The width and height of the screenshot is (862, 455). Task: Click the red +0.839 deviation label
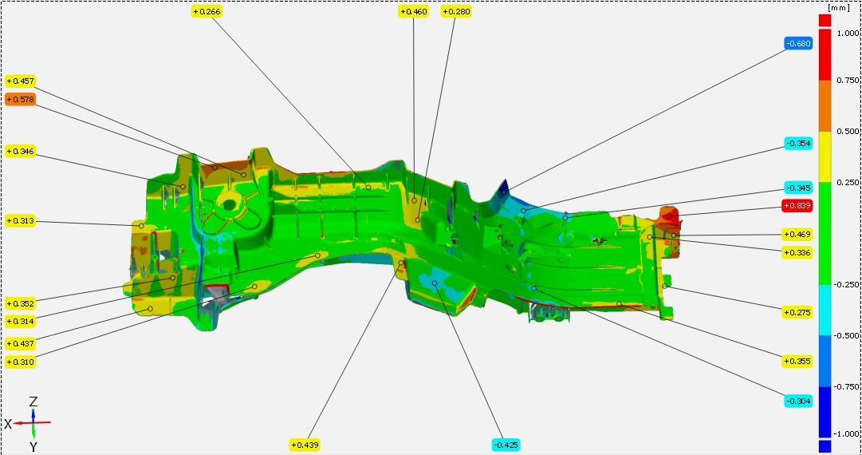tap(797, 206)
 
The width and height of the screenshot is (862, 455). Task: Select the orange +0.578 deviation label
tap(21, 100)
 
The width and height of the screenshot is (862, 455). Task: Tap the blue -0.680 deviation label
tap(799, 44)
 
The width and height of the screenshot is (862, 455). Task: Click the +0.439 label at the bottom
tap(305, 445)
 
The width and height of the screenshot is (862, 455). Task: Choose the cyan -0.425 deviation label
tap(506, 445)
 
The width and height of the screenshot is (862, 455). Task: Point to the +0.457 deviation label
tap(21, 81)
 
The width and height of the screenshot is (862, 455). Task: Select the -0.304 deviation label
tap(799, 401)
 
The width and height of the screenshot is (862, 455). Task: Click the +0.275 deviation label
tap(797, 312)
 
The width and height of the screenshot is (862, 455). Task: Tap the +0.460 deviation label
tap(413, 11)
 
